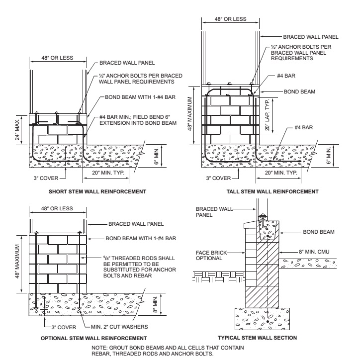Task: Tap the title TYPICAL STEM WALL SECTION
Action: point(263,338)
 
